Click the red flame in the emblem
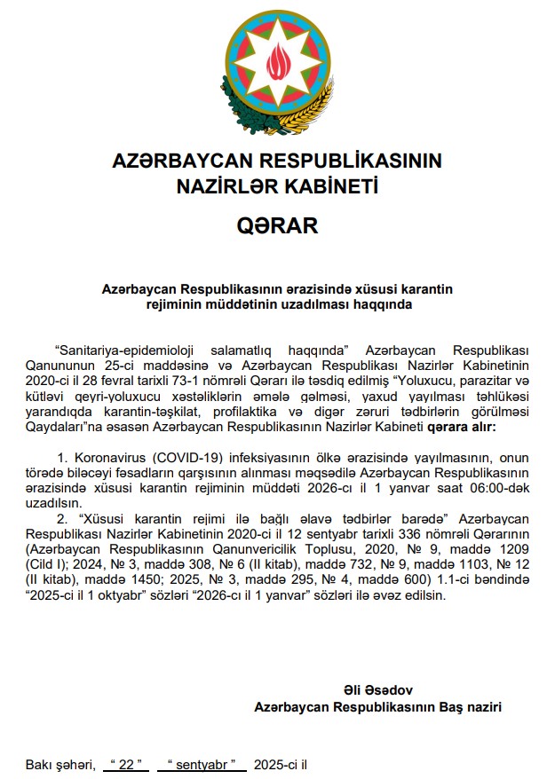pyautogui.click(x=277, y=60)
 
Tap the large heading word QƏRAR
pyautogui.click(x=277, y=225)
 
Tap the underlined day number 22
pyautogui.click(x=124, y=764)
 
